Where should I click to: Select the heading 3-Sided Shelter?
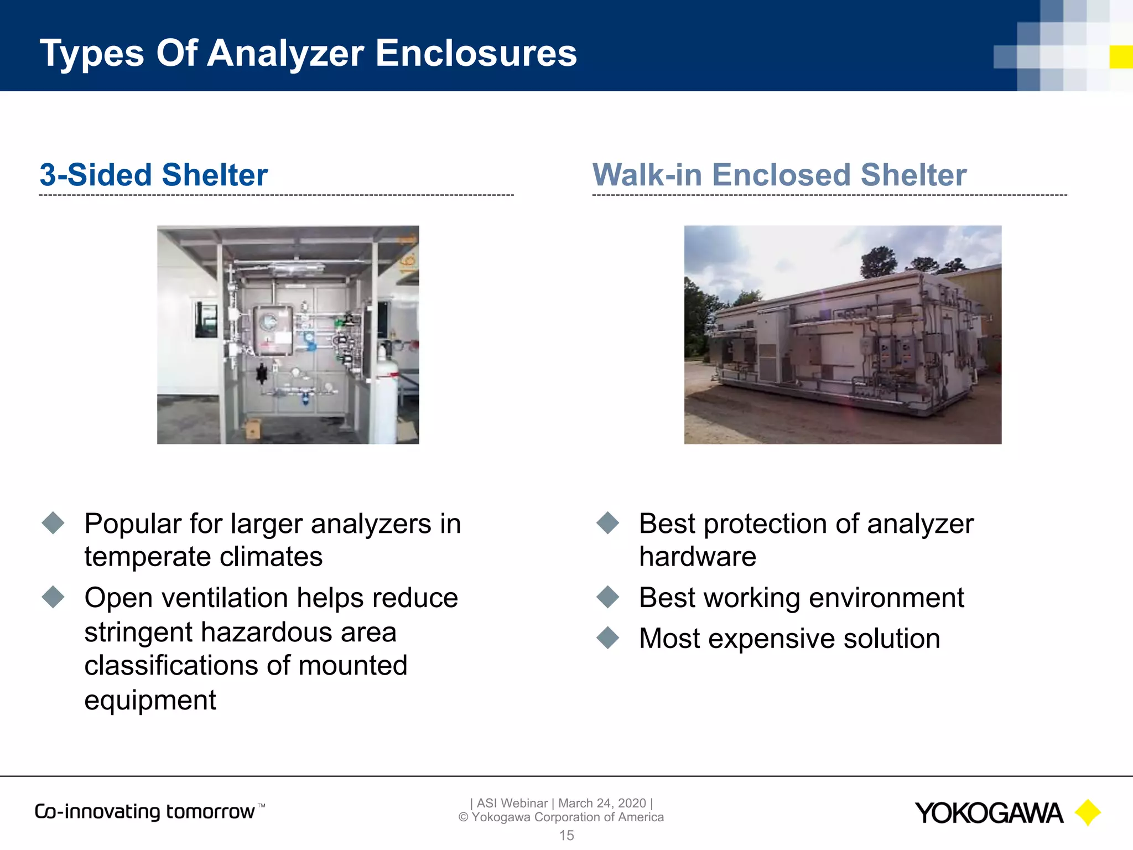point(153,175)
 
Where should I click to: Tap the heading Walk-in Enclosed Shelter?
point(779,175)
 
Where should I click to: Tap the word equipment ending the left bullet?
point(150,700)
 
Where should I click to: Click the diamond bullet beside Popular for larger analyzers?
point(53,523)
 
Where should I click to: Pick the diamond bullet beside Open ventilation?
point(53,597)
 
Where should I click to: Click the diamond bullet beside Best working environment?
point(608,597)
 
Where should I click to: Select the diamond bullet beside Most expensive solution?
point(608,637)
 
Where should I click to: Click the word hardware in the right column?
point(698,557)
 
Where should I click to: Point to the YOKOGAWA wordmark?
point(989,813)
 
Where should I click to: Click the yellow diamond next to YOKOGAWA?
point(1088,812)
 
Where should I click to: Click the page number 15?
point(566,836)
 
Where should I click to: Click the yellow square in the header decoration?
point(1121,57)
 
